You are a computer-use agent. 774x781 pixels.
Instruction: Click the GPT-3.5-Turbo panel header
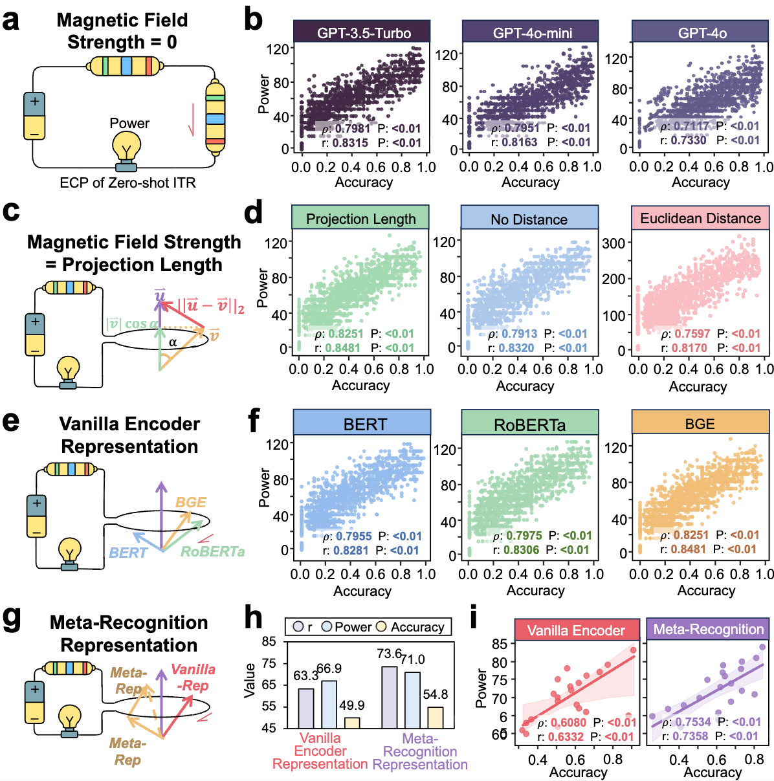click(361, 32)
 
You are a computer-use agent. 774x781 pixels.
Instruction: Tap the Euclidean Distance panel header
click(700, 218)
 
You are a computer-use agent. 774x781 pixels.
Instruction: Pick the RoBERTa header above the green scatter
click(529, 424)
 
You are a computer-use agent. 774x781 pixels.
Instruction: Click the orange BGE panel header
click(700, 424)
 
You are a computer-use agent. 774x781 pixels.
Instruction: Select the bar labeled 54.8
click(436, 717)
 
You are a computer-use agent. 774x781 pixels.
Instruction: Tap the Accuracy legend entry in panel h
click(411, 627)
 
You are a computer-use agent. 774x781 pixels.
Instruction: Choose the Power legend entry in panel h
click(347, 627)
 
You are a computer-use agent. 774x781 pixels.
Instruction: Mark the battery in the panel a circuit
click(34, 116)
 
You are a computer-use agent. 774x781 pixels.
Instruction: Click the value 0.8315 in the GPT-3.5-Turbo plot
click(350, 143)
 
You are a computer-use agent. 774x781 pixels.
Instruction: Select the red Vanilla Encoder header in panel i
click(576, 630)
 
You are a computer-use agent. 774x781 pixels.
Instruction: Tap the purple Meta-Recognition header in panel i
click(708, 630)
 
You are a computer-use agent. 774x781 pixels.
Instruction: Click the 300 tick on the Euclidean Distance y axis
click(614, 243)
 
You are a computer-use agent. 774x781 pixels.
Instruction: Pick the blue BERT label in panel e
click(128, 553)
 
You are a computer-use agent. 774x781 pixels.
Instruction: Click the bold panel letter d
click(254, 213)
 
